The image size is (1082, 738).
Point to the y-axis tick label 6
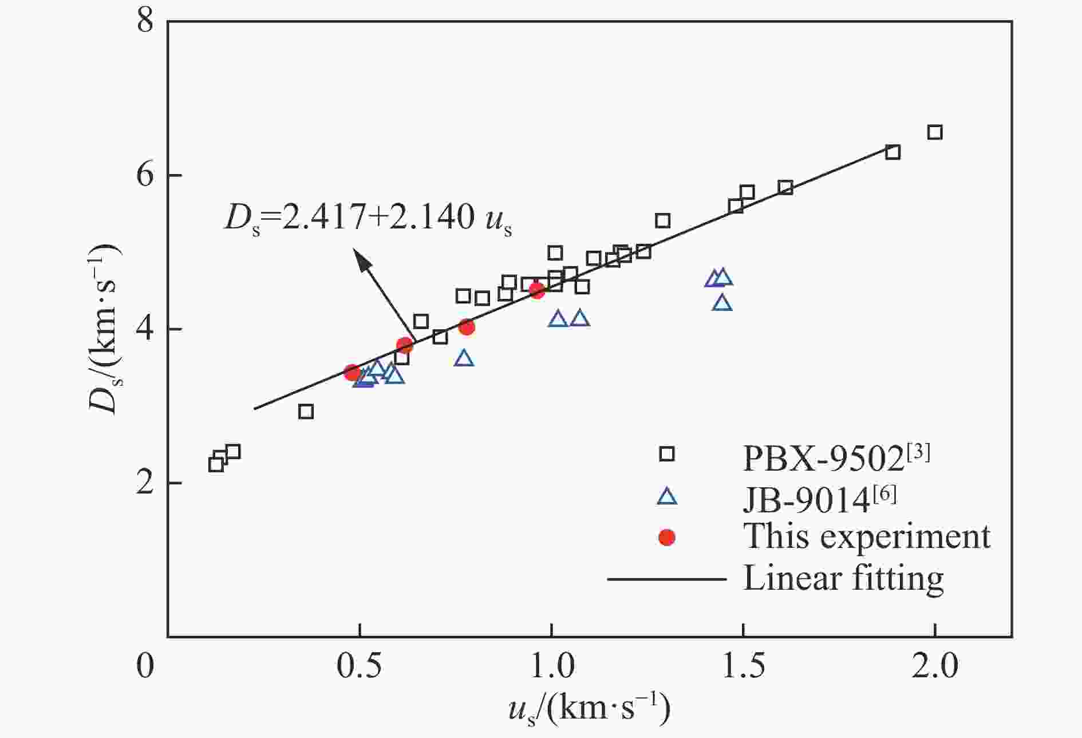tap(146, 175)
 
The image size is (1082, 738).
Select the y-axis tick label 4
tap(146, 329)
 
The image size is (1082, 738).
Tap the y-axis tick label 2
tap(146, 483)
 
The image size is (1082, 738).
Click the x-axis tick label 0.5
tap(359, 666)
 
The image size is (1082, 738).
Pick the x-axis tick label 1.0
tap(551, 666)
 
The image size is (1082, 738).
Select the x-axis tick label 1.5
tap(743, 666)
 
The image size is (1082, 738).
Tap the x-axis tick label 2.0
tap(934, 666)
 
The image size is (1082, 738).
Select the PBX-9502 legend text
tap(836, 458)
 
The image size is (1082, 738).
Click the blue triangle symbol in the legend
tap(667, 496)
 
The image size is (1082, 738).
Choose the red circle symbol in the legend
tap(667, 537)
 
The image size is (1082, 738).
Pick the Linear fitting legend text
tap(843, 578)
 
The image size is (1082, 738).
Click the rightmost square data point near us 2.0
tap(934, 132)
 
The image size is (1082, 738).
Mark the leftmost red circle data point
tap(352, 372)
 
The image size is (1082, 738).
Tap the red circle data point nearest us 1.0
tap(536, 290)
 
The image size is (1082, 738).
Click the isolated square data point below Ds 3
tap(306, 411)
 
